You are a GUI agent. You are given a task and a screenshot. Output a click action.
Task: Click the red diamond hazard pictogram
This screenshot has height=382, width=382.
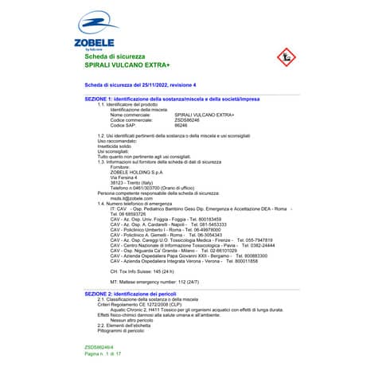pyautogui.click(x=283, y=57)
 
